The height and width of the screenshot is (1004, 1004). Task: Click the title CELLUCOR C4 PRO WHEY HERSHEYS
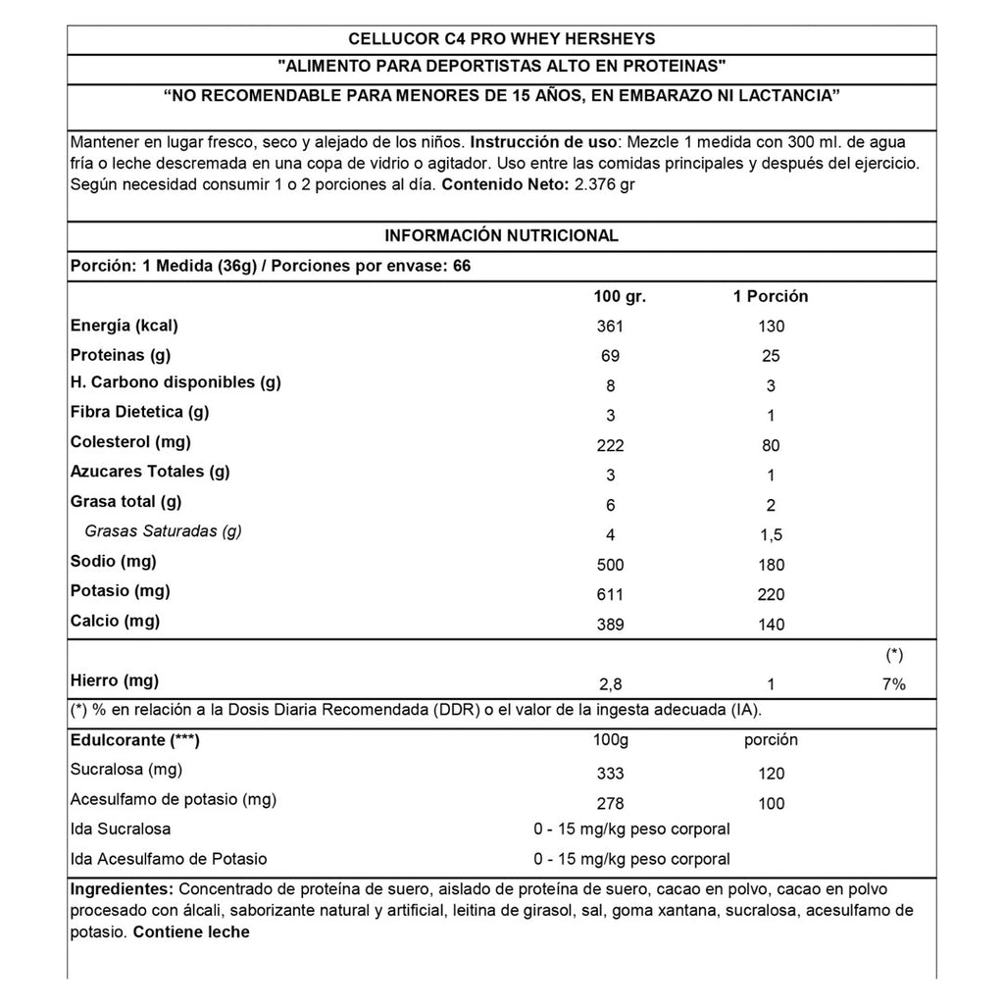(502, 39)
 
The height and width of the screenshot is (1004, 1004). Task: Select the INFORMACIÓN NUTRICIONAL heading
(502, 235)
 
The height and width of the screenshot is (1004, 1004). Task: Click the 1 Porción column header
(771, 296)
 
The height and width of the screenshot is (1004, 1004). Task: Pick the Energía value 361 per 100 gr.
(610, 326)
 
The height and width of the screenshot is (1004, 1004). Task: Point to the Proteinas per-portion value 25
(771, 356)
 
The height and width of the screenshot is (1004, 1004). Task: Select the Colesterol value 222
(610, 446)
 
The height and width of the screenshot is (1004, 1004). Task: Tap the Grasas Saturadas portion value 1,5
(771, 535)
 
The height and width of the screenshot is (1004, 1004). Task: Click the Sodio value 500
(610, 565)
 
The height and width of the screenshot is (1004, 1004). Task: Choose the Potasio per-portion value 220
(771, 595)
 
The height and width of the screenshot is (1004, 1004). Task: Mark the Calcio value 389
(610, 625)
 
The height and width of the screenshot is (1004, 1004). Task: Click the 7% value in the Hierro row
(893, 684)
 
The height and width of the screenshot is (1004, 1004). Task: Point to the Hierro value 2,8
(610, 684)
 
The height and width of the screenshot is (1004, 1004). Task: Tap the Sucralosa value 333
(610, 774)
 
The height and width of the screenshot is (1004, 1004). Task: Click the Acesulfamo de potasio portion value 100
(771, 804)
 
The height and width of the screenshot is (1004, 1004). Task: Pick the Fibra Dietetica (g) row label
(139, 412)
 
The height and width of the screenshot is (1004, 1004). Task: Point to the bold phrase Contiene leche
(191, 931)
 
